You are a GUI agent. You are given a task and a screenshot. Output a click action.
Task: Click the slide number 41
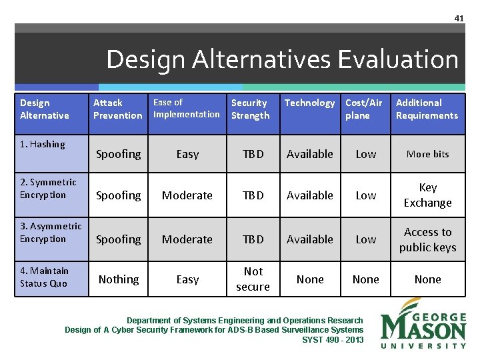point(459,18)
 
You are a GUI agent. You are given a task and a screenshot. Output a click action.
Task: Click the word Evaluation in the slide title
point(398,60)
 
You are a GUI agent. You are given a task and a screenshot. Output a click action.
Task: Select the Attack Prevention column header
point(117,109)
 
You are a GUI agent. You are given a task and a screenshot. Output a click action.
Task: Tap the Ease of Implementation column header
point(186,108)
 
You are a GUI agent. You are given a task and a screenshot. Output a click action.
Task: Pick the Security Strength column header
point(250,109)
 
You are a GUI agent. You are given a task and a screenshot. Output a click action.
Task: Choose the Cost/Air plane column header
point(363,109)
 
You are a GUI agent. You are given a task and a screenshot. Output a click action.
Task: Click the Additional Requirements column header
point(427,109)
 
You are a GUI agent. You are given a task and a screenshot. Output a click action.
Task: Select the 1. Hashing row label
point(43,144)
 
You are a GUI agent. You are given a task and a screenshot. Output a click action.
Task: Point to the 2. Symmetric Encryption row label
point(47,189)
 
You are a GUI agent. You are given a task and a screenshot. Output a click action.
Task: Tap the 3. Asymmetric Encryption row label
point(50,233)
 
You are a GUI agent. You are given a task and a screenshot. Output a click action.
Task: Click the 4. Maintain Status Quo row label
point(44,277)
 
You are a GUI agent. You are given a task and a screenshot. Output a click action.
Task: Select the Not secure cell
point(253,279)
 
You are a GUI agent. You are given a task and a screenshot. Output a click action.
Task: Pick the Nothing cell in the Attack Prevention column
point(119,280)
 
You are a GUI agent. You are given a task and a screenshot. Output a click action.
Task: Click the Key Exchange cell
point(427,195)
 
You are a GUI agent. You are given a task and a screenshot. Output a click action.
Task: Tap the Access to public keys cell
point(427,239)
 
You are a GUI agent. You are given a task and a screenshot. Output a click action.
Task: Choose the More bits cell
point(427,154)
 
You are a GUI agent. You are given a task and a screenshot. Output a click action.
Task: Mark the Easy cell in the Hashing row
point(187,154)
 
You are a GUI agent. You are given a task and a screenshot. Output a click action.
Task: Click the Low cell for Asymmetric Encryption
point(365,239)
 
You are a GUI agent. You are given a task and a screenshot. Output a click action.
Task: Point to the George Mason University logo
point(423,323)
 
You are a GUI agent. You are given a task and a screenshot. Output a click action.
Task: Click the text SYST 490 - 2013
point(333,340)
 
